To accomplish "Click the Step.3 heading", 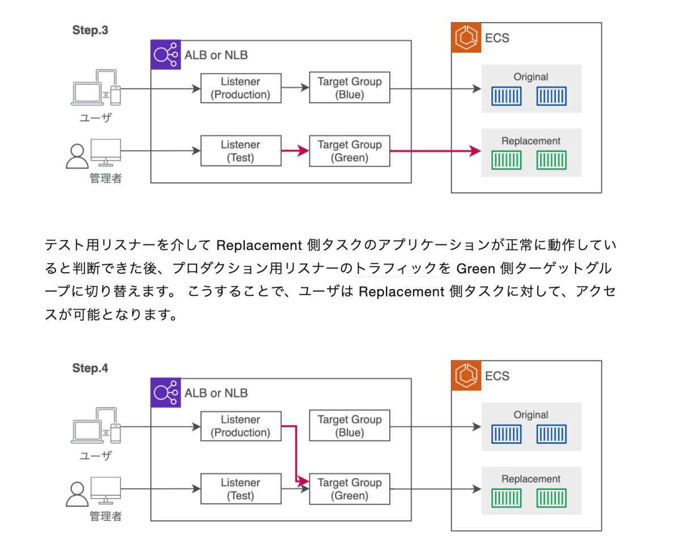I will point(90,31).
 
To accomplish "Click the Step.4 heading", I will point(90,368).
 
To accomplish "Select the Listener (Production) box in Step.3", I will point(241,88).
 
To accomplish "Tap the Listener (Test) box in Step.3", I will point(241,151).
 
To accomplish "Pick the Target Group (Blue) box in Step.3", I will point(350,88).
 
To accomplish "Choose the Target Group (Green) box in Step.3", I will point(350,151).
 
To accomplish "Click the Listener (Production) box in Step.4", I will point(241,426).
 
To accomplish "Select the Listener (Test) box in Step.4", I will point(241,489).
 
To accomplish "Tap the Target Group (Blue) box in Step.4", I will point(350,426).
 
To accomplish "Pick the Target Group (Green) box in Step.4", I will point(350,489).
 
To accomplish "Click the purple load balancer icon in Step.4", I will point(165,392).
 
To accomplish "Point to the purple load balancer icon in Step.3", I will point(165,55).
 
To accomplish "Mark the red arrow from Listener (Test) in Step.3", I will point(295,151).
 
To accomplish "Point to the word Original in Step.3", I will point(531,77).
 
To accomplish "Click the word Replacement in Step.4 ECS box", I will point(531,479).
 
